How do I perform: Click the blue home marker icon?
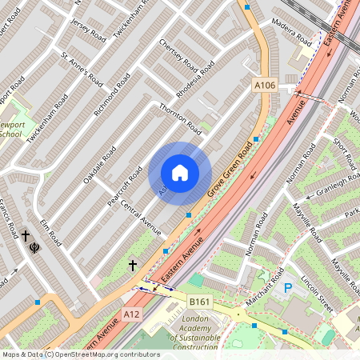click(x=180, y=173)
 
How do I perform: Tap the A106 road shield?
click(x=265, y=86)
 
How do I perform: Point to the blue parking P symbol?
click(x=287, y=287)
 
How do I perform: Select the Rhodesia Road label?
click(x=196, y=79)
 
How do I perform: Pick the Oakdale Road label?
click(x=99, y=165)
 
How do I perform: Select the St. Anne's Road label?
click(x=82, y=70)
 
